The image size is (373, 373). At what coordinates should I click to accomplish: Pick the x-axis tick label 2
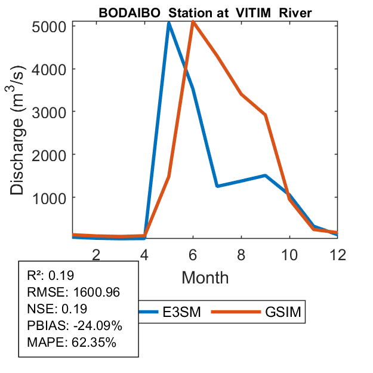(96, 254)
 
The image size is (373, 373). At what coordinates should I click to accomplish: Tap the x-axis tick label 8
(241, 254)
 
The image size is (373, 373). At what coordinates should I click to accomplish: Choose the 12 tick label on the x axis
(338, 254)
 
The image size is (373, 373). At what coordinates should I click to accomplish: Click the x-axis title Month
(205, 277)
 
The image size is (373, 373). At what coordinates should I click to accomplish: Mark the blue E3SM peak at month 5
(169, 24)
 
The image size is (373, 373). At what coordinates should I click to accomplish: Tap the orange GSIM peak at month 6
(193, 22)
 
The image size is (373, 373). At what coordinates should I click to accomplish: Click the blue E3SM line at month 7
(217, 186)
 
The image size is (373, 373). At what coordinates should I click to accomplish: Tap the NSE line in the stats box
(57, 309)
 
